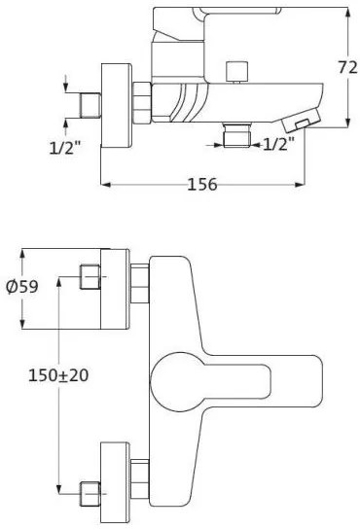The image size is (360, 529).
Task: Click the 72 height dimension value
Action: click(347, 68)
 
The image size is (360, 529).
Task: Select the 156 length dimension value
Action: click(202, 184)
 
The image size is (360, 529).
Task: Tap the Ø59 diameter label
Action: click(22, 287)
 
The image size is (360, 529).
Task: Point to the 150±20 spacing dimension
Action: click(58, 375)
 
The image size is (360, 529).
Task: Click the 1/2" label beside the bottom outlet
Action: click(278, 144)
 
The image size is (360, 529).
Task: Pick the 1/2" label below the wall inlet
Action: click(65, 147)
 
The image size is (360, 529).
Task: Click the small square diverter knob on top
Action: click(237, 72)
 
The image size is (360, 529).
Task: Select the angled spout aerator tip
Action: click(302, 121)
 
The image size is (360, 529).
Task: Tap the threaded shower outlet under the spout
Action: click(237, 135)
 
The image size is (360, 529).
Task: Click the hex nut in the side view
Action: click(141, 102)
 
